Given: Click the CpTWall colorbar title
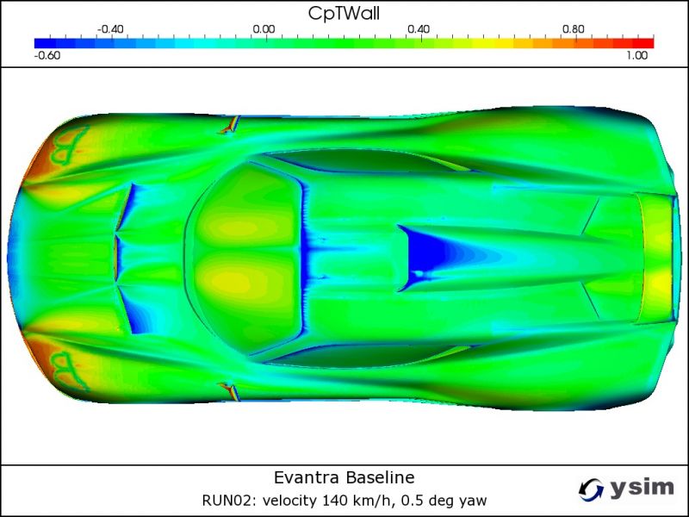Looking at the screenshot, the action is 344,13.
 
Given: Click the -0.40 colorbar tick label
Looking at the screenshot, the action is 110,29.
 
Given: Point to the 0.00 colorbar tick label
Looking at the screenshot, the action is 264,29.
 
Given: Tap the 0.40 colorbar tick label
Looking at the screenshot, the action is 419,29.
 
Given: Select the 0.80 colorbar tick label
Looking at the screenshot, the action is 573,29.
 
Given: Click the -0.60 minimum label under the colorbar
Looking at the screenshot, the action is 47,55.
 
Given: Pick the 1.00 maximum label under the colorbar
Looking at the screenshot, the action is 636,55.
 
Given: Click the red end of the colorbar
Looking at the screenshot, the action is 644,43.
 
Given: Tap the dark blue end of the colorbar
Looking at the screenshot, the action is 45,43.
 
